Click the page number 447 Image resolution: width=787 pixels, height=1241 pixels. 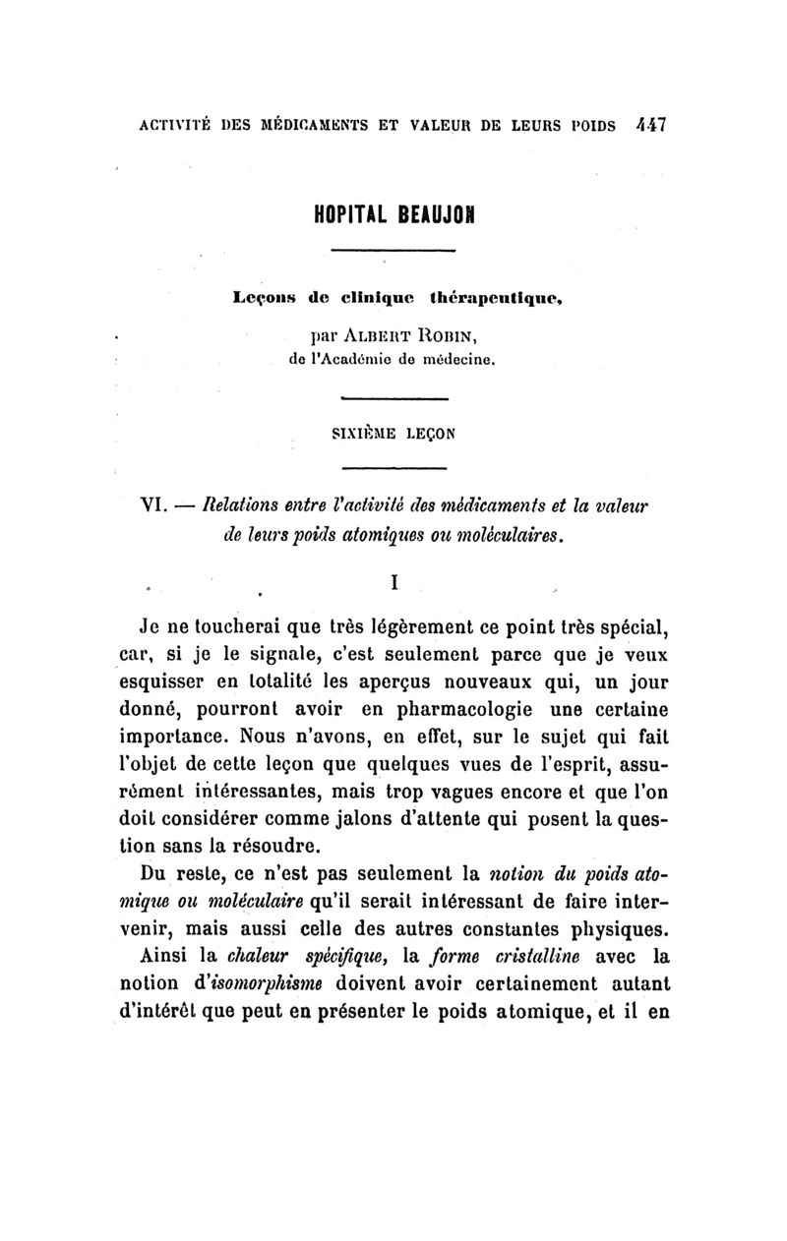[651, 126]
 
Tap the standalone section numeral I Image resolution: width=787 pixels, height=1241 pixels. [393, 582]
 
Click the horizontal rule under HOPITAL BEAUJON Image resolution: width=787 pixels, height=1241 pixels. [393, 253]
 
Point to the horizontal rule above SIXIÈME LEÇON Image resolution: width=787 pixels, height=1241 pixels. [393, 398]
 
